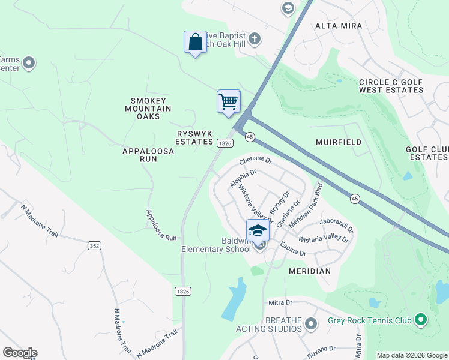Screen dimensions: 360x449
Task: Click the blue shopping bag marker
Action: pos(195,43)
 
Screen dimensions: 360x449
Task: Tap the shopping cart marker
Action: pos(229,101)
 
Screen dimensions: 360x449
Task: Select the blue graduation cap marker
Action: pos(258,230)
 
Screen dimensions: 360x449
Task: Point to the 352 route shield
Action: pos(94,245)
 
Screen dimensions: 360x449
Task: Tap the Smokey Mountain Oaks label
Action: pos(148,109)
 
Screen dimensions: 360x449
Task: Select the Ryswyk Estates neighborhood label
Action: pos(194,137)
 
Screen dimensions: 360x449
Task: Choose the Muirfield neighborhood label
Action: pos(339,142)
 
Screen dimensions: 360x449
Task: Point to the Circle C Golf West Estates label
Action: pos(391,86)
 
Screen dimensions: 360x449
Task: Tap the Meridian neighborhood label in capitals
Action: pos(310,271)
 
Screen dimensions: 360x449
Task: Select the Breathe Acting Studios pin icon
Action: pos(310,325)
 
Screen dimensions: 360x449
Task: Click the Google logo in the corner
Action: pos(20,353)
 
